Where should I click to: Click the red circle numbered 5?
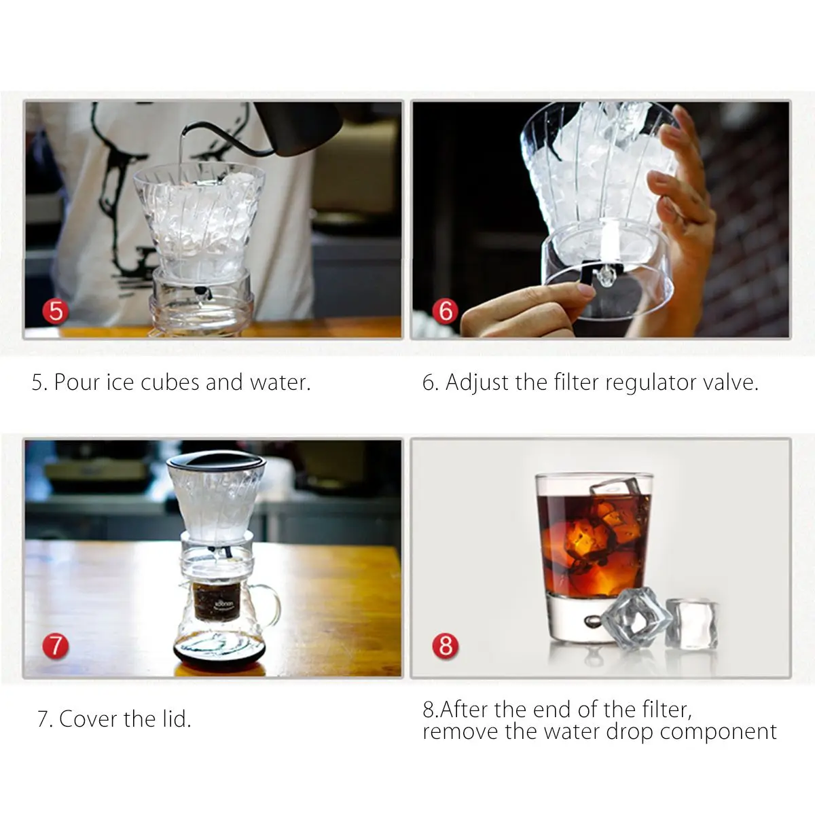(56, 312)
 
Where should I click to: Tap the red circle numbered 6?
(445, 311)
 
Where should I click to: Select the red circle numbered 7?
(56, 645)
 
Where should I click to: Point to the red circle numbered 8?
(445, 645)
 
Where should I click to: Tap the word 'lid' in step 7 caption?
(176, 719)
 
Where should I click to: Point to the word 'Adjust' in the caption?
(477, 382)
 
